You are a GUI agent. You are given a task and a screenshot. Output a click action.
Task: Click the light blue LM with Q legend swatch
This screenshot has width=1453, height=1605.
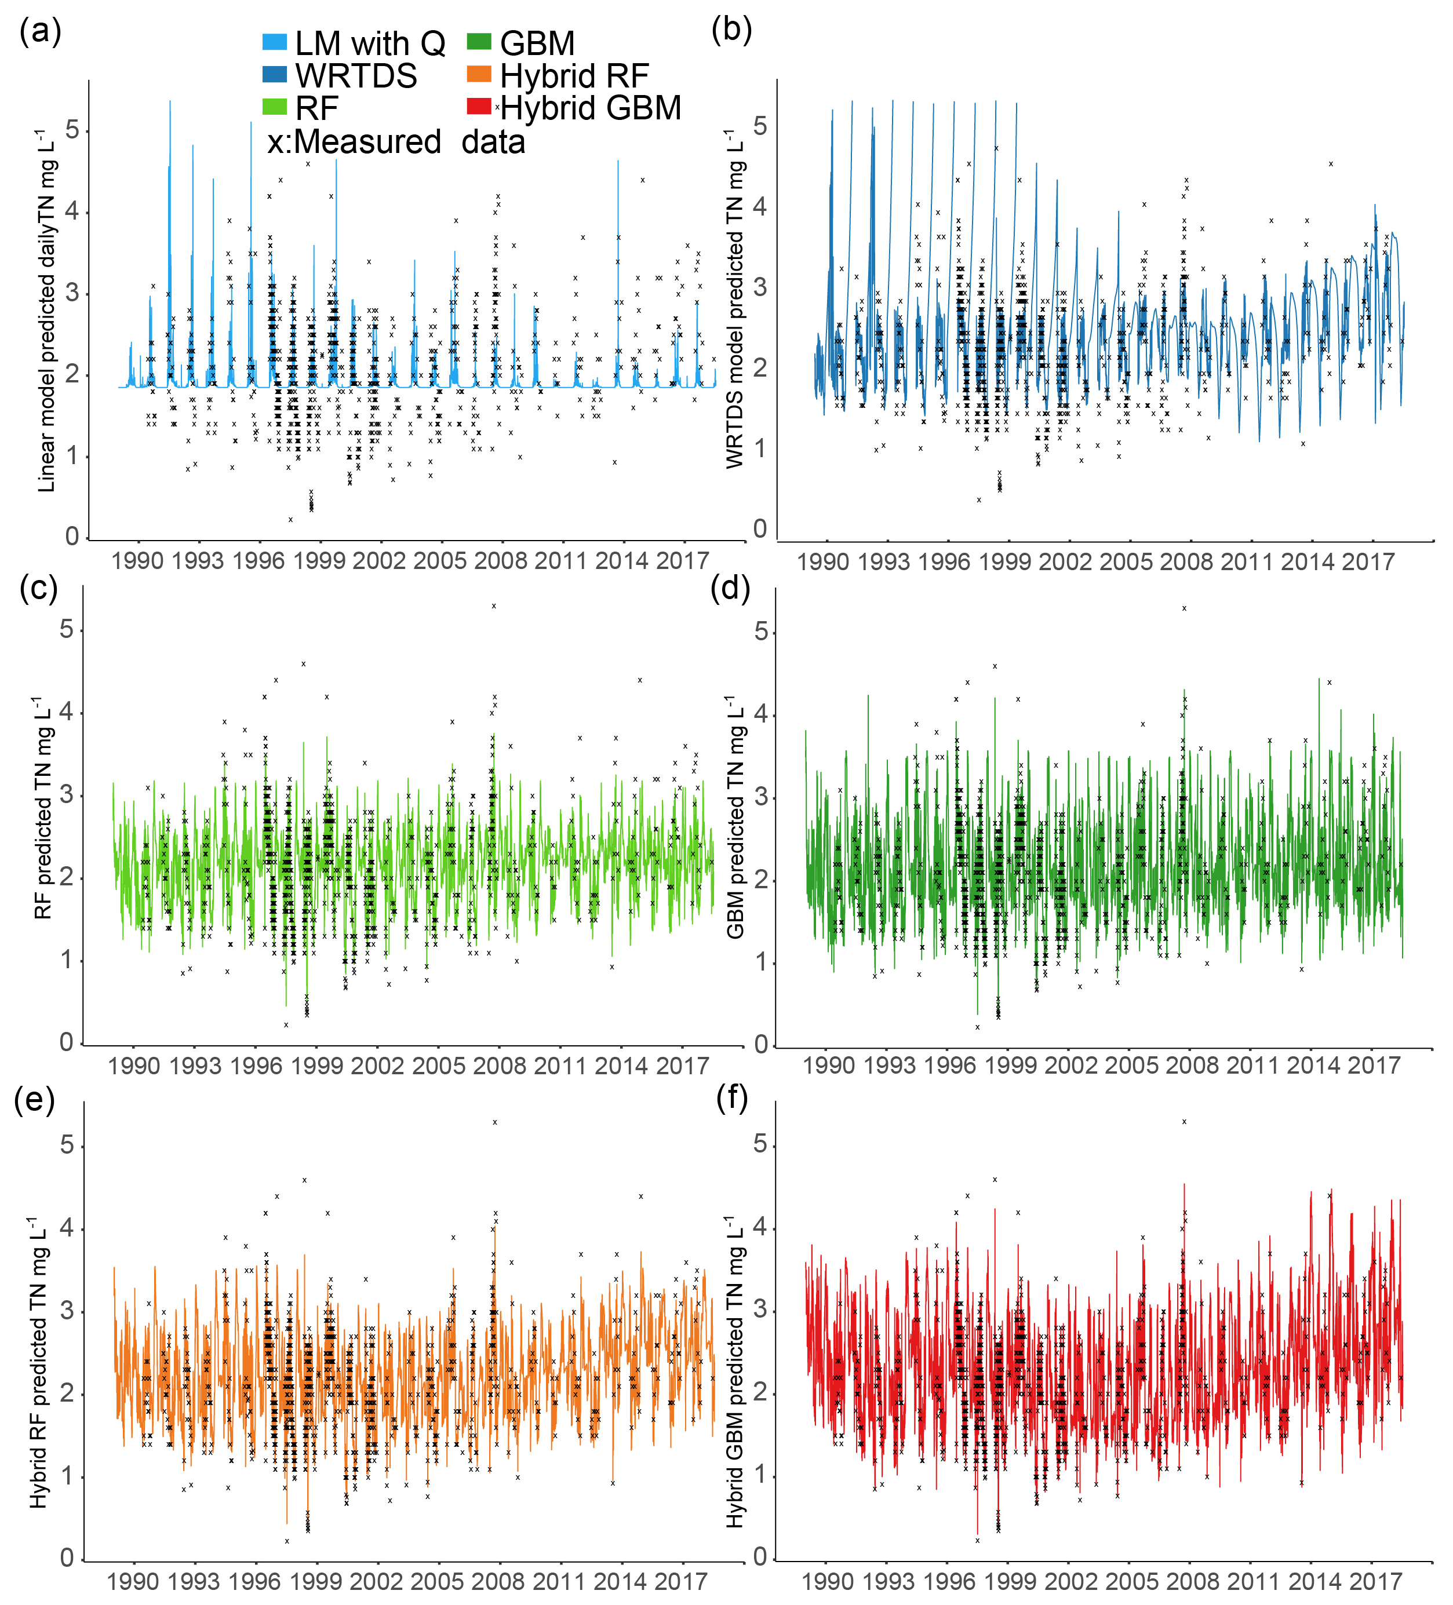[x=275, y=42]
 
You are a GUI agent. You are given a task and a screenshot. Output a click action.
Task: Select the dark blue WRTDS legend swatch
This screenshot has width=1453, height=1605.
[x=275, y=75]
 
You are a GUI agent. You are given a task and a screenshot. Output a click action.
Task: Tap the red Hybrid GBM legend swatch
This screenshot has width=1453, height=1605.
[x=479, y=107]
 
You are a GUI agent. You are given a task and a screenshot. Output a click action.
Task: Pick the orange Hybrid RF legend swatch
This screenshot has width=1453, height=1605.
[x=479, y=75]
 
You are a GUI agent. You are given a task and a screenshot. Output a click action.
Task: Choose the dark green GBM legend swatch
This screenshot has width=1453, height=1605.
[x=479, y=42]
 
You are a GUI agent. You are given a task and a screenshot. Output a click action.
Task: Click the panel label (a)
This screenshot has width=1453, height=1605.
[x=41, y=32]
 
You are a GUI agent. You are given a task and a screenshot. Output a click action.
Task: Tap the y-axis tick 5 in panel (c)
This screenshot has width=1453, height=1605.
[x=67, y=630]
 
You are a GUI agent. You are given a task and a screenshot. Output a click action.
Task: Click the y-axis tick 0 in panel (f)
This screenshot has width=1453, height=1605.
[x=760, y=1556]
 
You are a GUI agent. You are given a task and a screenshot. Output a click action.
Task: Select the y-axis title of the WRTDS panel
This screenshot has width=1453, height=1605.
[x=735, y=298]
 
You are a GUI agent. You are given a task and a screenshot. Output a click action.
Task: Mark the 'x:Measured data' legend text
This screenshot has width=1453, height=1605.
[x=396, y=142]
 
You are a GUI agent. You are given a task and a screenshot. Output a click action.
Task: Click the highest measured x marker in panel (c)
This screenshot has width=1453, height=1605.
[x=494, y=607]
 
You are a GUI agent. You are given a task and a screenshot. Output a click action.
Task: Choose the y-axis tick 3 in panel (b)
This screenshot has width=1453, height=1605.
[x=760, y=287]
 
